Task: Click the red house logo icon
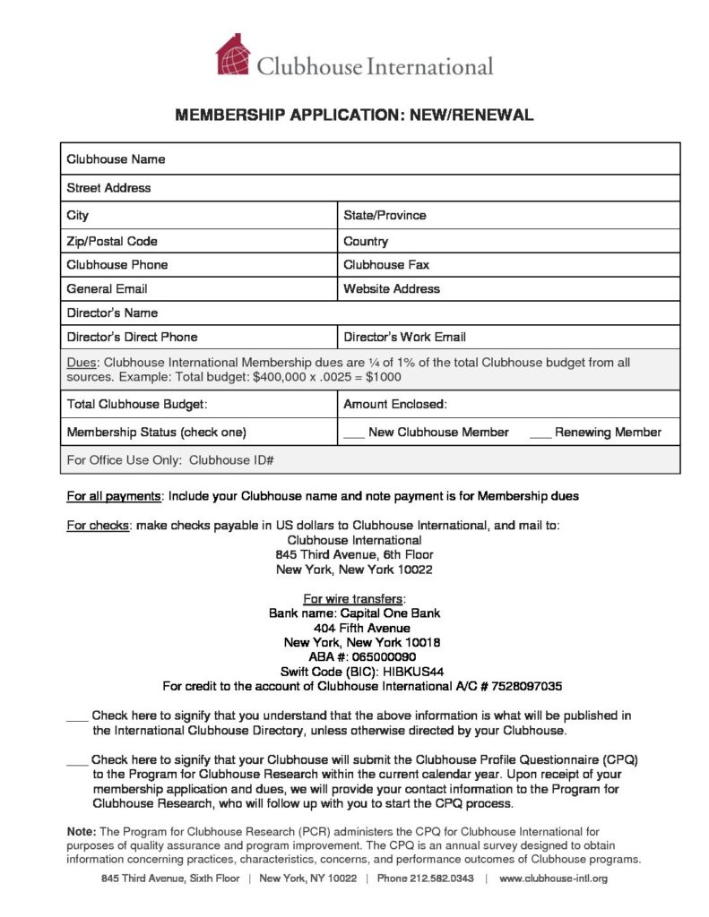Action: tap(232, 55)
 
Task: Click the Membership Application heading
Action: tap(354, 116)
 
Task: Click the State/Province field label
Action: tap(385, 215)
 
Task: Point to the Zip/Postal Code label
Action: tap(112, 241)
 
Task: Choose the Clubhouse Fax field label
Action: tap(380, 265)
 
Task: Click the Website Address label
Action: tap(392, 289)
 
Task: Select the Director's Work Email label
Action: tap(404, 338)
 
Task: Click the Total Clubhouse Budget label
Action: tap(137, 405)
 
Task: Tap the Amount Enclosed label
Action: tap(395, 405)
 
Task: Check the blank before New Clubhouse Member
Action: tap(353, 433)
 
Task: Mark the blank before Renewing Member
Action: tap(540, 433)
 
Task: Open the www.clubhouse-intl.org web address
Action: tap(553, 878)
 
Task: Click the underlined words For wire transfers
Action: tap(354, 599)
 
